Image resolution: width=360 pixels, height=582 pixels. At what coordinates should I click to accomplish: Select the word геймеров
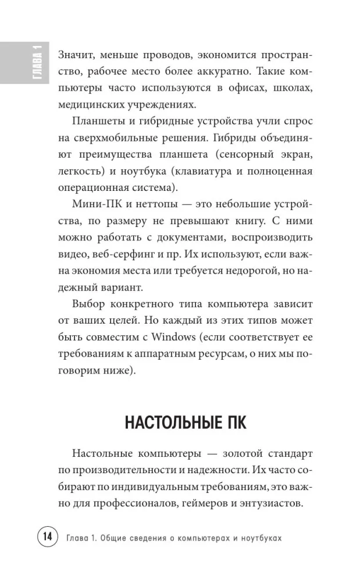[x=209, y=504]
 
